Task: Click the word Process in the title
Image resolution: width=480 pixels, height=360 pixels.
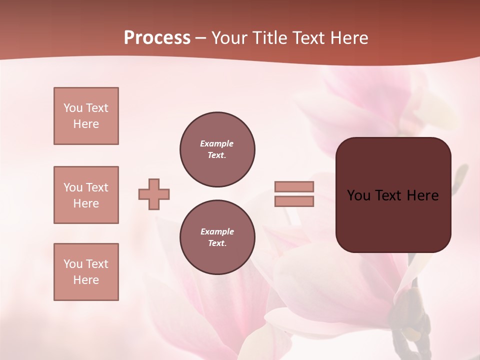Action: click(157, 38)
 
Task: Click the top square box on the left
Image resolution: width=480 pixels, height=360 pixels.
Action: click(86, 116)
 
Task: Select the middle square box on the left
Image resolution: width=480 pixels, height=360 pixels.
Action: click(86, 195)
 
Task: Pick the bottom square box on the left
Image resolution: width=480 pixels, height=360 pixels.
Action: click(86, 272)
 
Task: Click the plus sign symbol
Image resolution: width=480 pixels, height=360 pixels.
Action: click(154, 194)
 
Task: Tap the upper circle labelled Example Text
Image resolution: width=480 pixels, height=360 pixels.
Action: click(217, 149)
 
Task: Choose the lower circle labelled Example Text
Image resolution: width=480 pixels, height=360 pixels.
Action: click(217, 237)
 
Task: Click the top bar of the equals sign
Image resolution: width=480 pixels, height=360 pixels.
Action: click(294, 187)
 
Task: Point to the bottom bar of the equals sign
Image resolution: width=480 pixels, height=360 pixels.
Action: click(294, 201)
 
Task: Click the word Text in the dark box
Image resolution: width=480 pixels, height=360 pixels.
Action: click(389, 195)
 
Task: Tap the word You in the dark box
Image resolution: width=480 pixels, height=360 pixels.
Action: click(359, 195)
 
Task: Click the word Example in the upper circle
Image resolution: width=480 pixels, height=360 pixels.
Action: click(217, 143)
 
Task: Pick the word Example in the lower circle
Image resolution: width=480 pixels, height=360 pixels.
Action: click(217, 231)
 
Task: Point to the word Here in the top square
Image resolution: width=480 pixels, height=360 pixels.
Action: click(86, 124)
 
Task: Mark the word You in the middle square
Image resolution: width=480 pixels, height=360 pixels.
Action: click(72, 187)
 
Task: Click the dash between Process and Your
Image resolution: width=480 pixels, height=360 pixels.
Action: click(200, 38)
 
